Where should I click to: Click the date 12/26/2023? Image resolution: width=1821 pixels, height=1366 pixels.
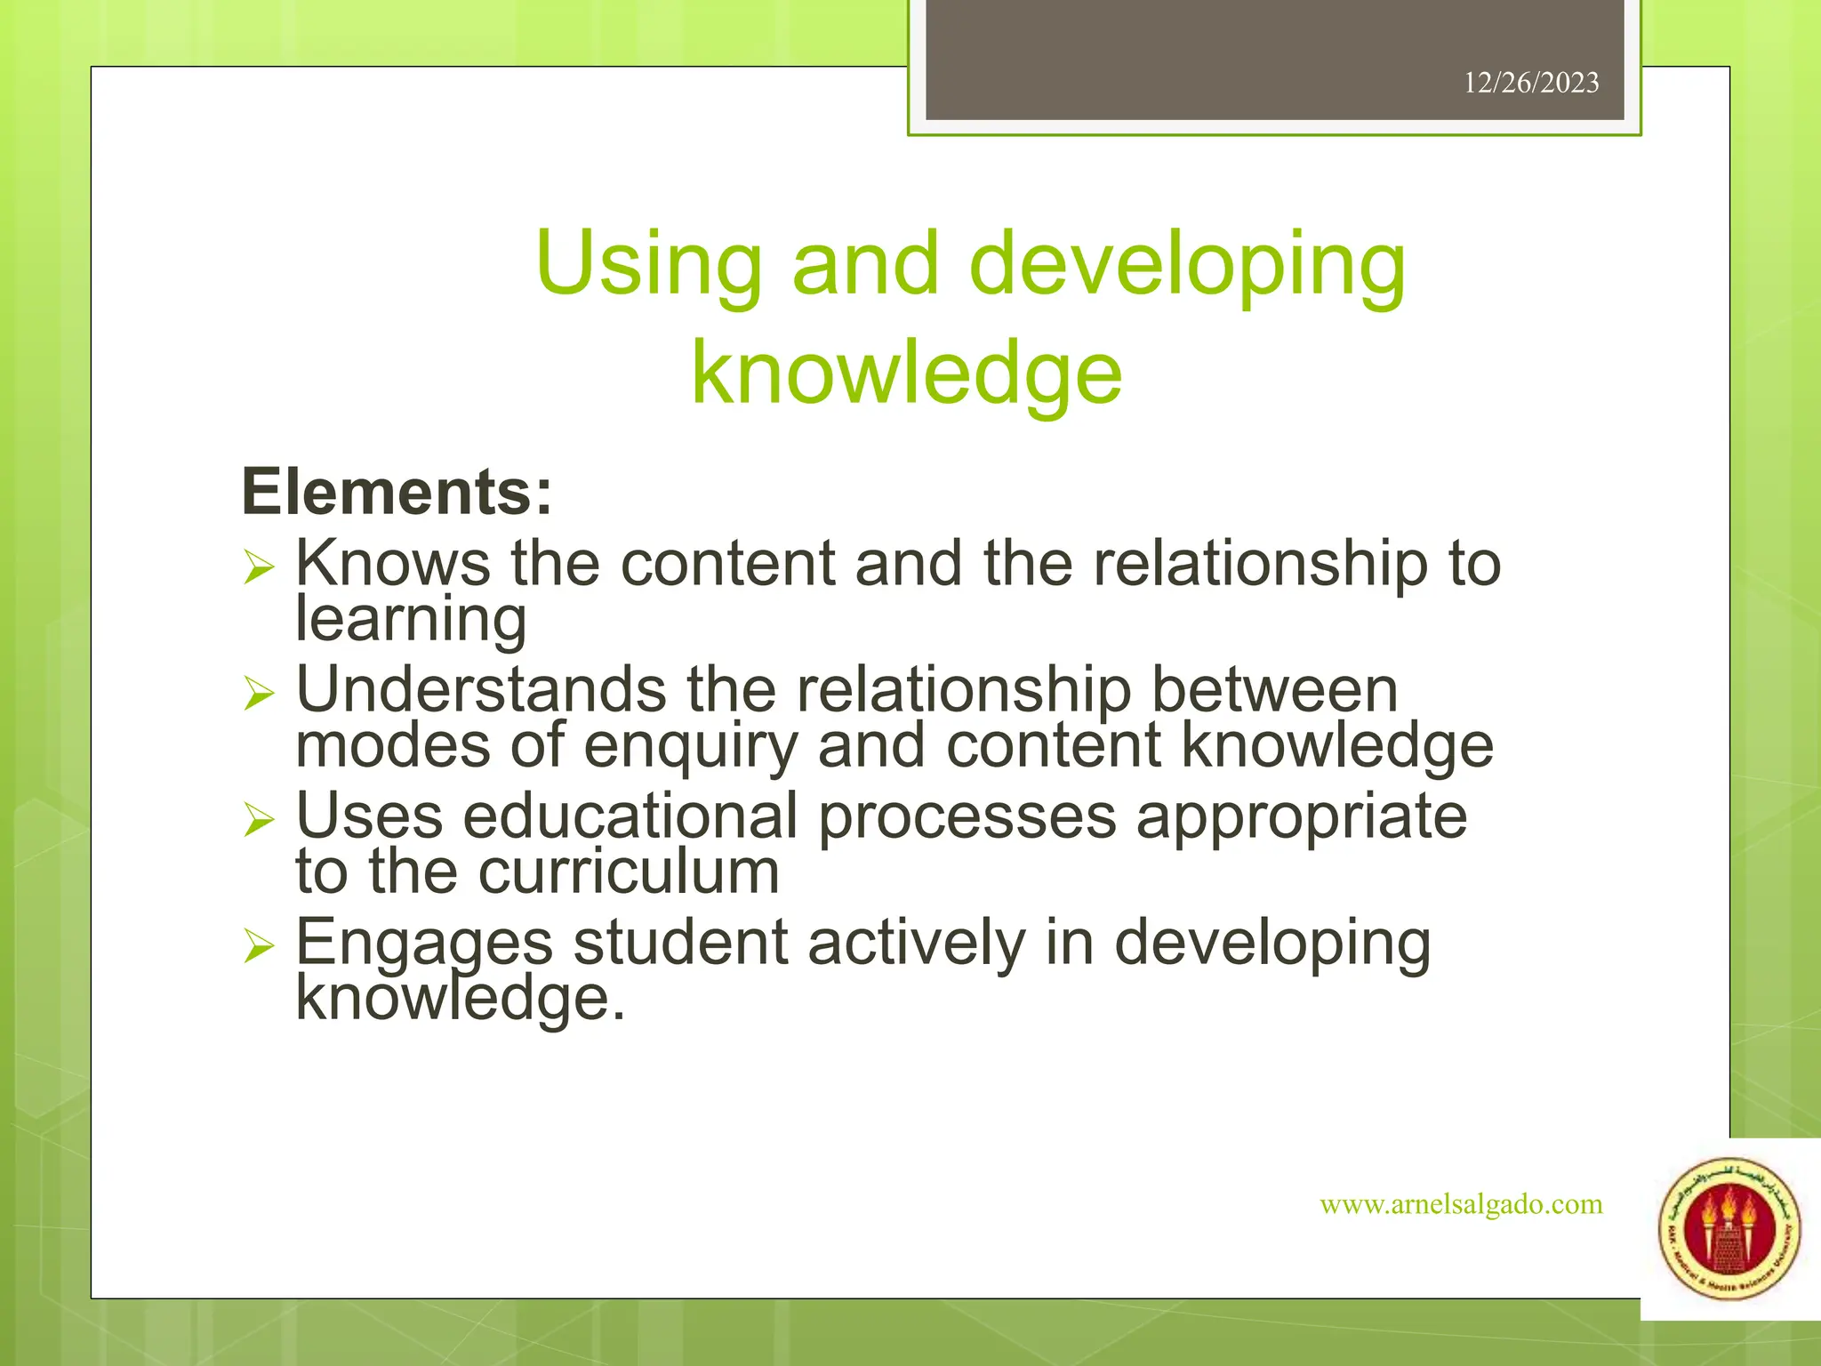[x=1530, y=83]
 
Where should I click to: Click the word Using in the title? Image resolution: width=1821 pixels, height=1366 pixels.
[x=648, y=264]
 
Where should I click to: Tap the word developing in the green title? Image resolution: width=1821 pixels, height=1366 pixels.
[x=1187, y=264]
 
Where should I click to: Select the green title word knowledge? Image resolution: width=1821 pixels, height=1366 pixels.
[x=906, y=374]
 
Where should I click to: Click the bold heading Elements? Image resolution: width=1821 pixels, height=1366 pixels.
[x=397, y=492]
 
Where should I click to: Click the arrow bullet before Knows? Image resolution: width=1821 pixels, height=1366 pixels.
[x=259, y=566]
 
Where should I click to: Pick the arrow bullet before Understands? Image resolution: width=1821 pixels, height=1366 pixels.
[x=259, y=693]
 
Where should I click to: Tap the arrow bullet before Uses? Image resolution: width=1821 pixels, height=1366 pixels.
[x=259, y=819]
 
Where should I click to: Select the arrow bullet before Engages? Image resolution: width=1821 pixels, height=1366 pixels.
[x=259, y=945]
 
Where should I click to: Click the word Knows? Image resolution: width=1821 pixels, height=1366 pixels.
[x=392, y=563]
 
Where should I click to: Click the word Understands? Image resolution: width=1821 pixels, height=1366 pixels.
[x=481, y=689]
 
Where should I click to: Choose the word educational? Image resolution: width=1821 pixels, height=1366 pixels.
[x=630, y=816]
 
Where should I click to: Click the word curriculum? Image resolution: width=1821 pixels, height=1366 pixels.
[x=629, y=872]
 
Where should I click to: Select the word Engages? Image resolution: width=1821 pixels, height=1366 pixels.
[x=424, y=943]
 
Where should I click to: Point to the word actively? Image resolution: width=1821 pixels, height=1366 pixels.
[x=916, y=942]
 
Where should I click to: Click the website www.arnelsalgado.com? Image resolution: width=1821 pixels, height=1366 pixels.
[x=1461, y=1204]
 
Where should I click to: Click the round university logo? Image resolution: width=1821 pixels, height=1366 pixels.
[x=1729, y=1230]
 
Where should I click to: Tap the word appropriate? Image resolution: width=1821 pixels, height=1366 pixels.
[x=1302, y=817]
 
